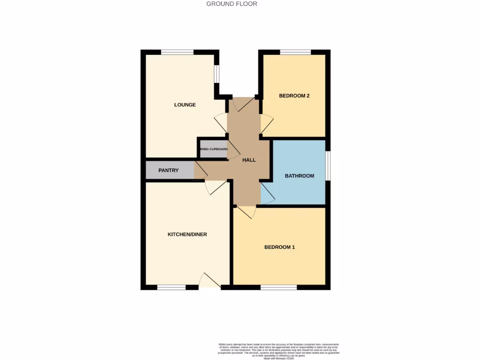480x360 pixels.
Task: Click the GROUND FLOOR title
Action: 232,4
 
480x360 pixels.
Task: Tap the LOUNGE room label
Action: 185,105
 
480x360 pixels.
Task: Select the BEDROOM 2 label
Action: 294,96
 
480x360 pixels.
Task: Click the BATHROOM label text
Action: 299,176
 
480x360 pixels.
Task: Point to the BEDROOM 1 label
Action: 279,247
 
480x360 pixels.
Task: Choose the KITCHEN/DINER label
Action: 187,234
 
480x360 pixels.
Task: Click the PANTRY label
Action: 168,170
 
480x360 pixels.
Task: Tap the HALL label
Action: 249,160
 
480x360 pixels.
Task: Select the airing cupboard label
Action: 213,149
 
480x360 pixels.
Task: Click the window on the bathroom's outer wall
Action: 327,165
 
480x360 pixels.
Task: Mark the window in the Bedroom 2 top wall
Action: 295,52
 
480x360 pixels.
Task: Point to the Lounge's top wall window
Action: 178,52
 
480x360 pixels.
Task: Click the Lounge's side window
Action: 217,74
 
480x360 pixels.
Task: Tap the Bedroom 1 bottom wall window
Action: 278,287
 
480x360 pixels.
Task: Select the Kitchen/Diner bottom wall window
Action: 171,287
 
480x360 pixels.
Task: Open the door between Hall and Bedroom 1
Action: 246,212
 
